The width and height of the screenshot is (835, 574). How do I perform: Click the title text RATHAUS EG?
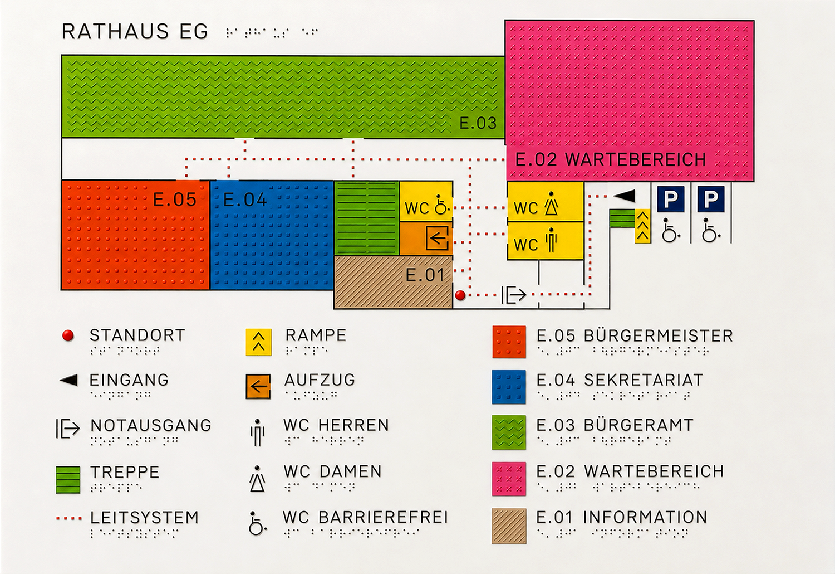pos(135,31)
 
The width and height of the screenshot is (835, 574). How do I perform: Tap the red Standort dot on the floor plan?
pos(460,295)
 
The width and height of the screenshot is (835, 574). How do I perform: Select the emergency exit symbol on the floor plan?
pos(513,295)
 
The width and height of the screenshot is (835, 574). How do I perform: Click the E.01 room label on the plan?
pos(425,275)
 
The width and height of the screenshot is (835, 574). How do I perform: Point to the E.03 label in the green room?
pos(478,123)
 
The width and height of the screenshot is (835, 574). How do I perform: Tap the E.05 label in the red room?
pos(175,200)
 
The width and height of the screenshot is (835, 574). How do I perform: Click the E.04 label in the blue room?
pos(245,200)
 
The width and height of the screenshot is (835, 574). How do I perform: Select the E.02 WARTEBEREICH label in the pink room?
pos(610,160)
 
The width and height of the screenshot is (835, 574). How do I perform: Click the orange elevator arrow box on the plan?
pos(437,238)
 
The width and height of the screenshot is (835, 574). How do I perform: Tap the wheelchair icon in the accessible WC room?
pos(442,205)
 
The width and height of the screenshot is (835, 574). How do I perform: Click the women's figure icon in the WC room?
pos(551,204)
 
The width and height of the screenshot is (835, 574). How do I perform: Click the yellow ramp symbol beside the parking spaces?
pos(643,227)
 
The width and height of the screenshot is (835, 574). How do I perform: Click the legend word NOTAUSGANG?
pos(151,425)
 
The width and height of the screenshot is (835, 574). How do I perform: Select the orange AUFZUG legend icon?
pos(258,387)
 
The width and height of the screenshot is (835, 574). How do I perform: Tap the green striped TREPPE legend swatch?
pos(68,480)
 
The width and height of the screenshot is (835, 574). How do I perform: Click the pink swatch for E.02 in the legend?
pos(509,479)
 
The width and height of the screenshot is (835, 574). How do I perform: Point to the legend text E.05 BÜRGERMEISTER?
pos(635,336)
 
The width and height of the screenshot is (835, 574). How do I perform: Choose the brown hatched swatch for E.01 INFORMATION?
pos(509,526)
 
